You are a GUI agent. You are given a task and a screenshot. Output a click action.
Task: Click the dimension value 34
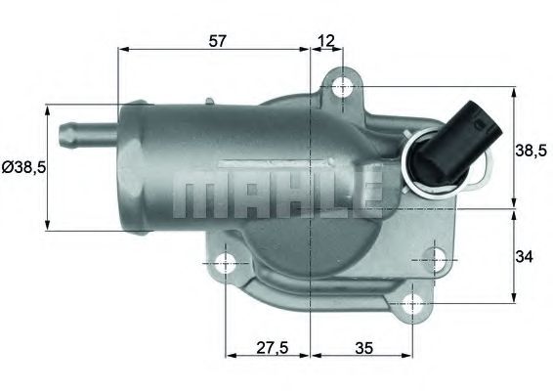click(526, 257)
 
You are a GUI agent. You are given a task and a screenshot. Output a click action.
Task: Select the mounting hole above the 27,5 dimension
click(226, 262)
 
